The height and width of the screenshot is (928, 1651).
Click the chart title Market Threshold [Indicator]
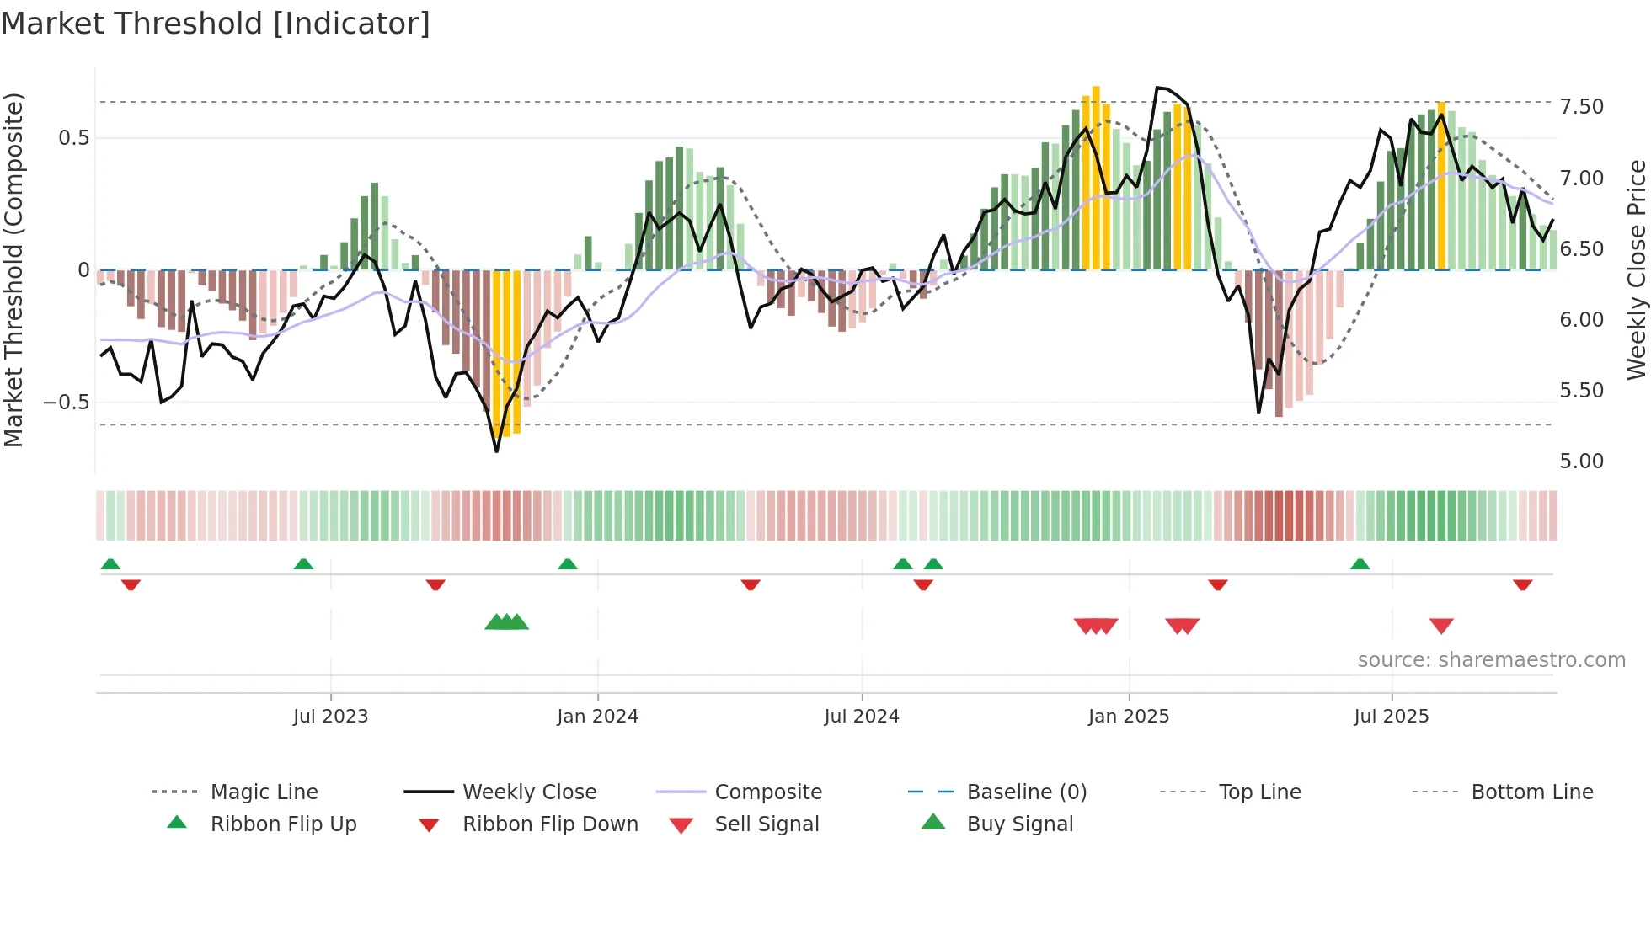point(216,24)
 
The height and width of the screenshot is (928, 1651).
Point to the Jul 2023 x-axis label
point(330,717)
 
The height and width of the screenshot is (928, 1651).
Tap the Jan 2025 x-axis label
point(1128,717)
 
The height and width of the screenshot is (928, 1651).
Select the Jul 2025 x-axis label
point(1391,717)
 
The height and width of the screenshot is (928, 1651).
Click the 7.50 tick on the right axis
point(1581,107)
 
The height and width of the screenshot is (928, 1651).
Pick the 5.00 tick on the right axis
point(1581,461)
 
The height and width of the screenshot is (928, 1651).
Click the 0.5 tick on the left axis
point(73,138)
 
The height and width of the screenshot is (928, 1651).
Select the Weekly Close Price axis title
point(1636,269)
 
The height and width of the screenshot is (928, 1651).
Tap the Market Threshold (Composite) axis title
point(13,269)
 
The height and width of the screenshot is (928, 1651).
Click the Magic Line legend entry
point(264,792)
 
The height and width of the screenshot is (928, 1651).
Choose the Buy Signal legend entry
point(1019,824)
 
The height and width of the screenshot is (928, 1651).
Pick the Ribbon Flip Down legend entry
point(549,824)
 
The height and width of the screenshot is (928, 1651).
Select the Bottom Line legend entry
point(1531,792)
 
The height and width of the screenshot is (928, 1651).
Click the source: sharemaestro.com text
point(1491,660)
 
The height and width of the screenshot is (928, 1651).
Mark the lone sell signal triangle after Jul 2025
point(1441,626)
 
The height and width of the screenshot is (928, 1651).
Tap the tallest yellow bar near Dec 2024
point(1096,177)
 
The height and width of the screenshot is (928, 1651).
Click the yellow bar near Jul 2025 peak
point(1441,185)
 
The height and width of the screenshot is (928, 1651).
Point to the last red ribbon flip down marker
point(1522,584)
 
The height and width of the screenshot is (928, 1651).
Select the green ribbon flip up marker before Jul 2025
point(1360,564)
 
